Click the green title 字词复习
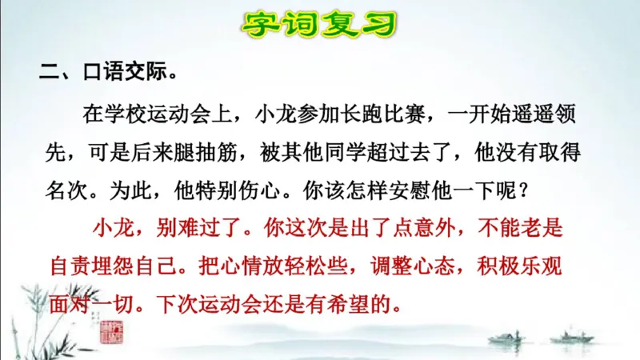coord(320,24)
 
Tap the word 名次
coord(66,191)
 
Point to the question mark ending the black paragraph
coord(524,191)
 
